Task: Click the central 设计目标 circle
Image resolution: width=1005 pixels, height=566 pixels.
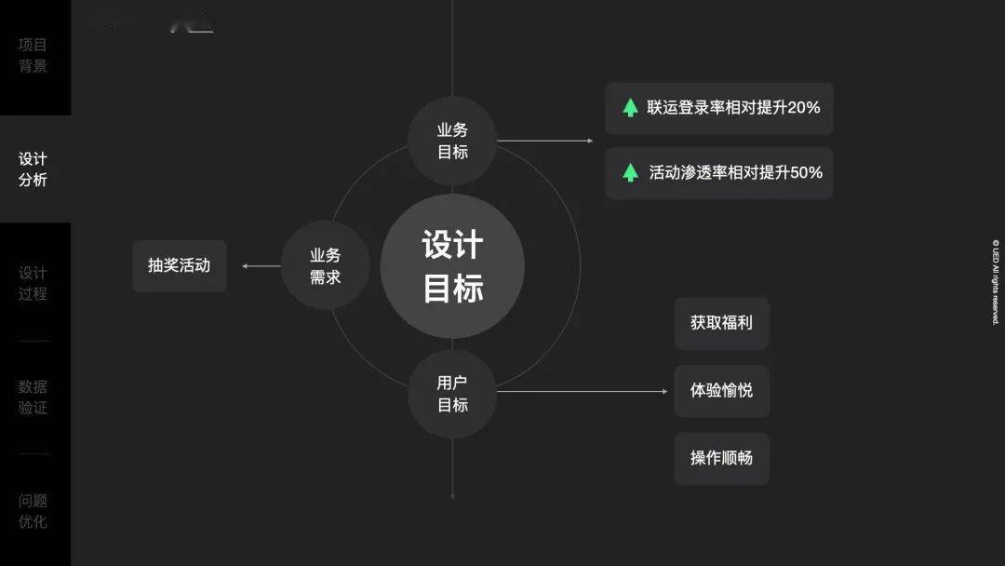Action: click(x=452, y=266)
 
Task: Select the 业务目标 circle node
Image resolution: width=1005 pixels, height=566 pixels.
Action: click(x=452, y=141)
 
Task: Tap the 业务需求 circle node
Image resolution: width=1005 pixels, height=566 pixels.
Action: click(x=325, y=265)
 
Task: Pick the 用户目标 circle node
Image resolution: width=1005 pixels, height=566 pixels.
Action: click(x=452, y=394)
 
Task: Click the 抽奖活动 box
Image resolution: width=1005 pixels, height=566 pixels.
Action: click(x=180, y=265)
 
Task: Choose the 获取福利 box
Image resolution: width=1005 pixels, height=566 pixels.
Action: click(x=721, y=323)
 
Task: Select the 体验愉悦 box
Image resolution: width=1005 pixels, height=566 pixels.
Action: click(x=721, y=391)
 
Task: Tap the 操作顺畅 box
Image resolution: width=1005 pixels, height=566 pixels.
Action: click(x=721, y=458)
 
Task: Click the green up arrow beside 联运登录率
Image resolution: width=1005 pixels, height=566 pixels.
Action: click(x=630, y=107)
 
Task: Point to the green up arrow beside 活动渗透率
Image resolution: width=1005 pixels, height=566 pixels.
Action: click(x=630, y=172)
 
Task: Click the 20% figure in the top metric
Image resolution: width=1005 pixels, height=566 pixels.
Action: click(x=804, y=107)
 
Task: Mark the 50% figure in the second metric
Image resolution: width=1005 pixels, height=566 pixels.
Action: click(x=806, y=172)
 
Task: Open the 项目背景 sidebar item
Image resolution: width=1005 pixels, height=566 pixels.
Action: click(x=33, y=55)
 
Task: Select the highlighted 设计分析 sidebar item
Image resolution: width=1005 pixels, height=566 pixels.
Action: click(x=33, y=169)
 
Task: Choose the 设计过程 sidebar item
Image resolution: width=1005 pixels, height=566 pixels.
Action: click(x=33, y=283)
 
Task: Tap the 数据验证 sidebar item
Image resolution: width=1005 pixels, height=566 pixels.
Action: click(x=33, y=397)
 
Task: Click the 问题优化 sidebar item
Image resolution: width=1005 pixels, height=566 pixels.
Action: click(x=33, y=511)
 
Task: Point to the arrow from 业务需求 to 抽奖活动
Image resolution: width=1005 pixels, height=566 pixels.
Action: click(x=261, y=266)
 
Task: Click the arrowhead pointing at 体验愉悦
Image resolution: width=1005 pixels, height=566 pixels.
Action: click(x=664, y=391)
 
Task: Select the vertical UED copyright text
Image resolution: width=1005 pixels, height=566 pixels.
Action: click(x=995, y=282)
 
